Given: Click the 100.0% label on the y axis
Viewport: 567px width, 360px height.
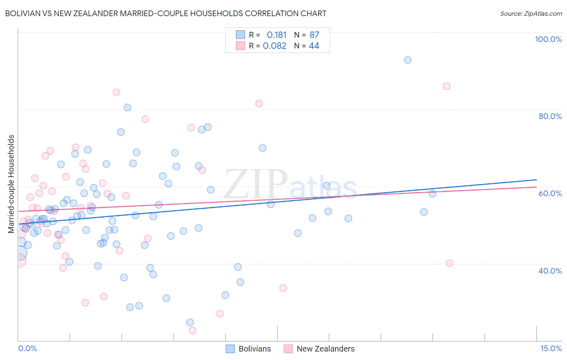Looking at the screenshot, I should [x=548, y=39].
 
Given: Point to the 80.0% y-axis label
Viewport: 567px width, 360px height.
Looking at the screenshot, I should [x=550, y=116].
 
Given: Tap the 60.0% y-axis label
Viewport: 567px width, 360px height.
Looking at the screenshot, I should [x=550, y=193].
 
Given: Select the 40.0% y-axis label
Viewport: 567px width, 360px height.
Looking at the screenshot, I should [x=550, y=270].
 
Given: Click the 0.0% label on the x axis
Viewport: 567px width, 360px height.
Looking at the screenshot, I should [x=27, y=348].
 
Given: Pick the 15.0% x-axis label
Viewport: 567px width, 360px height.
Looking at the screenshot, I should [x=551, y=348].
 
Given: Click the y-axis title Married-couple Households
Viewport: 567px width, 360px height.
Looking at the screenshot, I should [x=11, y=184].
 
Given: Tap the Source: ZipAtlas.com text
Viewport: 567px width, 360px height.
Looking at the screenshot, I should [x=531, y=13].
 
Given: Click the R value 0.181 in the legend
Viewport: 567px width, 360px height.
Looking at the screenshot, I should [x=277, y=35].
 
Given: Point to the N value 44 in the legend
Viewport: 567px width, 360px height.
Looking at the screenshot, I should [x=314, y=46].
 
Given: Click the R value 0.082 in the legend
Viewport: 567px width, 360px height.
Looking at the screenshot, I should [x=275, y=46].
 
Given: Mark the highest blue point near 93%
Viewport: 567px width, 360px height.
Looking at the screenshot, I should [x=408, y=60].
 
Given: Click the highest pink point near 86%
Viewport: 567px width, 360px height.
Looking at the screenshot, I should [x=446, y=86].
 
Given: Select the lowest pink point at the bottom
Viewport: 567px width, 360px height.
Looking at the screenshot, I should [x=192, y=331].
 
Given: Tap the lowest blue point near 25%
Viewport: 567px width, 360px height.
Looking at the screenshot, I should [x=190, y=322].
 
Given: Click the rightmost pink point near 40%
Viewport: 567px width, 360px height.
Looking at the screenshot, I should [x=450, y=263].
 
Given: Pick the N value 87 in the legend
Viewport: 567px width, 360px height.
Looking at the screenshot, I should [x=314, y=35].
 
